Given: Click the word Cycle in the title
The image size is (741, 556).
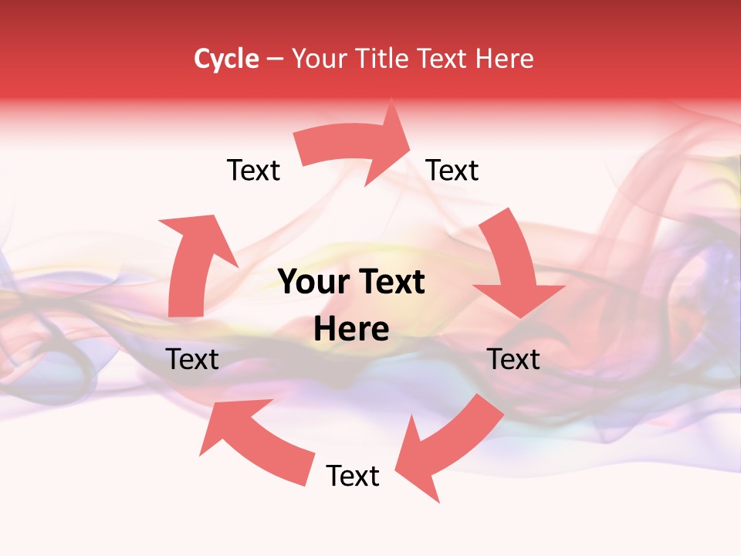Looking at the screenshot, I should click(x=226, y=59).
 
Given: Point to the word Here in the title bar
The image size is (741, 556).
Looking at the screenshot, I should click(x=506, y=59).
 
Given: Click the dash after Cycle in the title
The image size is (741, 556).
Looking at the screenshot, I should click(x=275, y=59).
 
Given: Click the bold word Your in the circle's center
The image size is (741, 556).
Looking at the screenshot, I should click(x=313, y=283).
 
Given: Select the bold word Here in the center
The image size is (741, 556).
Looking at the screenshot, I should click(x=351, y=330).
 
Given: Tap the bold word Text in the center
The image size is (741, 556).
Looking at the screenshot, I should click(x=390, y=283).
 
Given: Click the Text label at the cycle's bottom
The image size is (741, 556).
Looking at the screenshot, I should click(x=353, y=476).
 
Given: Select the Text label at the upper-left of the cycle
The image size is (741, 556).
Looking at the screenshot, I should click(x=253, y=170).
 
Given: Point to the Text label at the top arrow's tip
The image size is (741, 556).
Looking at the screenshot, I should click(x=452, y=170).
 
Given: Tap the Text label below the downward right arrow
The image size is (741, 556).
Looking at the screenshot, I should click(x=513, y=359).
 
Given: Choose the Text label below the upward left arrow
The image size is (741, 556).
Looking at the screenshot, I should click(x=192, y=359).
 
